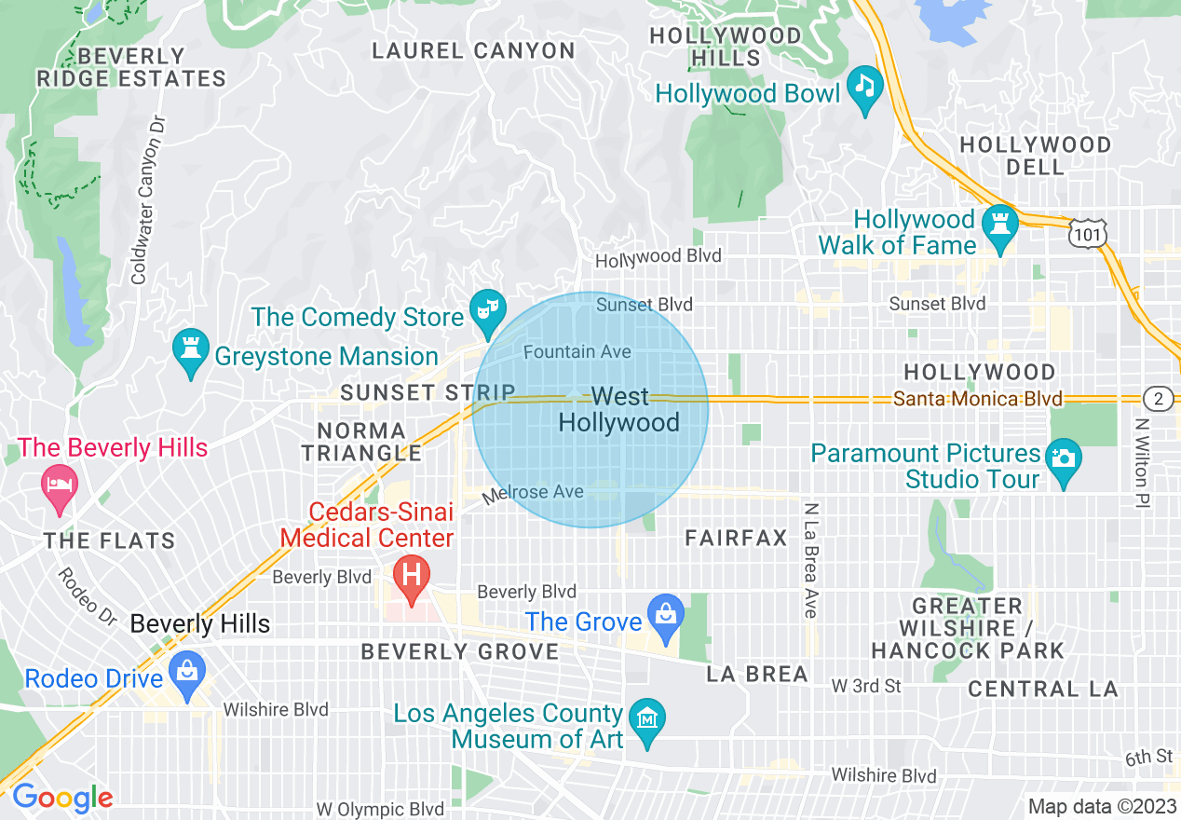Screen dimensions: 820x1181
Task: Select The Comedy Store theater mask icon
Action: (486, 310)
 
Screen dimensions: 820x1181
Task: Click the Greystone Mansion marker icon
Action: (191, 351)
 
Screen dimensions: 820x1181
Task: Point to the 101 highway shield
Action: (1087, 233)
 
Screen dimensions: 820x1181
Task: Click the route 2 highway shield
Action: (1158, 399)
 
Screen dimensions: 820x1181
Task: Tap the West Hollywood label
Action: (618, 410)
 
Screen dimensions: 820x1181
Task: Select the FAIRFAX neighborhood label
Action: (736, 538)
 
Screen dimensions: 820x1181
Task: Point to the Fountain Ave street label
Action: (577, 352)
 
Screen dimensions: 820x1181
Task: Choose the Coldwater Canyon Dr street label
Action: (141, 200)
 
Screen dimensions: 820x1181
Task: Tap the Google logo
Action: (62, 799)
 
